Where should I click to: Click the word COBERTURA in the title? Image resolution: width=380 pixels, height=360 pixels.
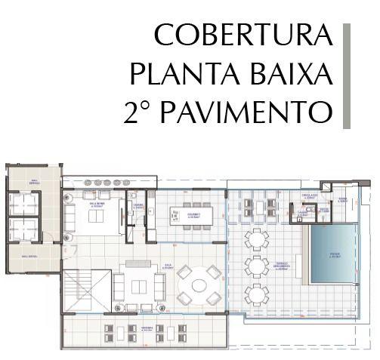point(242,36)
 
